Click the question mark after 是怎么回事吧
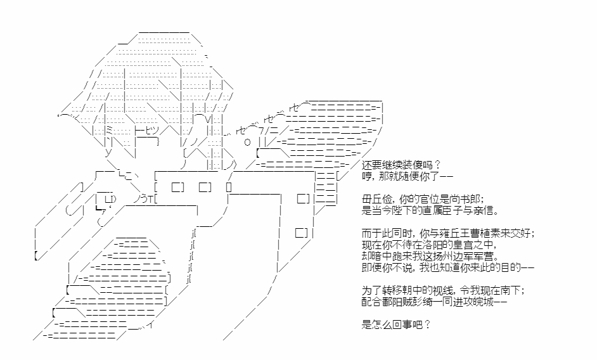point(427,325)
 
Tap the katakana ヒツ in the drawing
point(152,130)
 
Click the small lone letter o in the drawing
point(247,143)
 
